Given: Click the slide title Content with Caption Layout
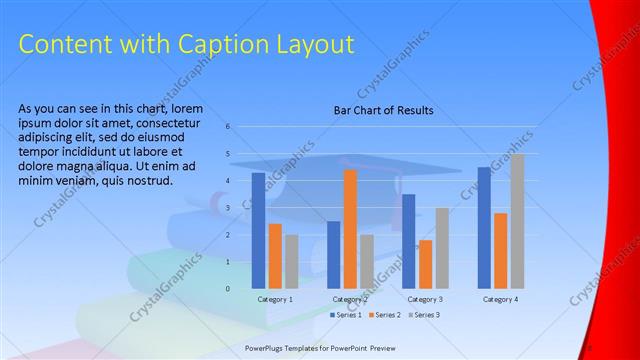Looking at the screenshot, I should [187, 44].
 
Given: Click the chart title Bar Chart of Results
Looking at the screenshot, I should [383, 111].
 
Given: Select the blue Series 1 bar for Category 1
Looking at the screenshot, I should [258, 230].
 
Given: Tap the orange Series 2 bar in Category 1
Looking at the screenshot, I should [275, 256].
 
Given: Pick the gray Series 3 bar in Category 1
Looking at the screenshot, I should [291, 261].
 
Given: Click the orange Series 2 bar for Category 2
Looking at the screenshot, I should [350, 229].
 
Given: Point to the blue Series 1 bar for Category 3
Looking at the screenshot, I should [408, 241].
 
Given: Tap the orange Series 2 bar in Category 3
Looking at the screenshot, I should [425, 264].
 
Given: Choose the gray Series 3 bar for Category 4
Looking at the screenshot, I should [517, 221].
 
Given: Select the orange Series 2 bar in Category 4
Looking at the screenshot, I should [500, 250].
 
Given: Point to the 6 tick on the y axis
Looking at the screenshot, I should [228, 126].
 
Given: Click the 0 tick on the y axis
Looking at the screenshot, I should [228, 288].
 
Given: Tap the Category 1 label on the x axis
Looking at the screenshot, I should [275, 299].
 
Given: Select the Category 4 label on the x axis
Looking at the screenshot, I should [500, 299].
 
